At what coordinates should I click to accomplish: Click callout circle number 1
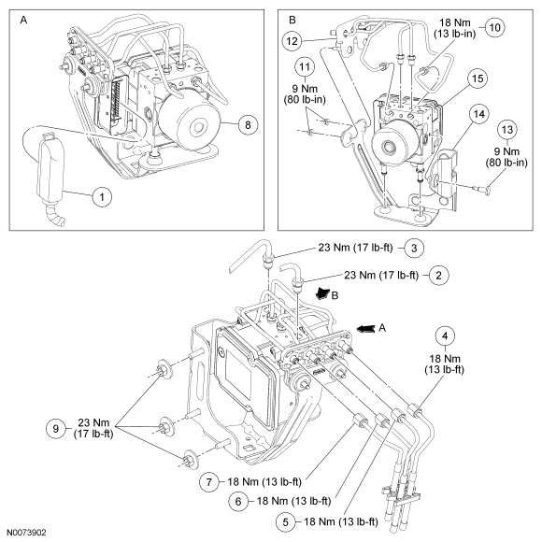pyautogui.click(x=102, y=197)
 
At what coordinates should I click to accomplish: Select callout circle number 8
pyautogui.click(x=248, y=124)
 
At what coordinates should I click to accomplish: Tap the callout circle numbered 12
pyautogui.click(x=292, y=41)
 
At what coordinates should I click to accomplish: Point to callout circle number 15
pyautogui.click(x=478, y=78)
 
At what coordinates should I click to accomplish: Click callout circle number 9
pyautogui.click(x=56, y=429)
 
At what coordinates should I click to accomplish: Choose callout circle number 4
pyautogui.click(x=445, y=336)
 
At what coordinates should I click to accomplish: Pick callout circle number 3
pyautogui.click(x=414, y=248)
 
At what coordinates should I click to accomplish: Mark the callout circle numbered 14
pyautogui.click(x=479, y=114)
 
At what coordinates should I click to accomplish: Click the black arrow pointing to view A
pyautogui.click(x=365, y=328)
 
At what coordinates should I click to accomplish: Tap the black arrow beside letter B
pyautogui.click(x=323, y=293)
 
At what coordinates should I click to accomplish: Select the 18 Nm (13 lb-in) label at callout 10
pyautogui.click(x=455, y=28)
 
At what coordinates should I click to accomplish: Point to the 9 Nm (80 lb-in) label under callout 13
pyautogui.click(x=506, y=157)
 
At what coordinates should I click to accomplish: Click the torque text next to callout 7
pyautogui.click(x=264, y=481)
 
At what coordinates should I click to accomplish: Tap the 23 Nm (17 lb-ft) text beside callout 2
pyautogui.click(x=381, y=275)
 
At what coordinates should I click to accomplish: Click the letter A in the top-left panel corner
pyautogui.click(x=23, y=20)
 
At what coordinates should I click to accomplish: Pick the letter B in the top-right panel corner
pyautogui.click(x=292, y=20)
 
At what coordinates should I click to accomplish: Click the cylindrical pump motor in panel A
pyautogui.click(x=190, y=123)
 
